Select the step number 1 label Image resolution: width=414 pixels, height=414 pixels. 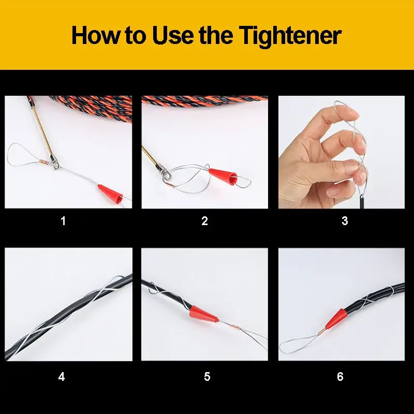pyautogui.click(x=63, y=221)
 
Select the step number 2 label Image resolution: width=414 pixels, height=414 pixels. pyautogui.click(x=204, y=221)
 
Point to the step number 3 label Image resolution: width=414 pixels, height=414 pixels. pyautogui.click(x=345, y=221)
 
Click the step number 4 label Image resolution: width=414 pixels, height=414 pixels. pyautogui.click(x=62, y=377)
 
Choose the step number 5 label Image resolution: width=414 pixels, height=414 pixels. pyautogui.click(x=207, y=377)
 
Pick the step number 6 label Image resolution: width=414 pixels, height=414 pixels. pyautogui.click(x=340, y=377)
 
